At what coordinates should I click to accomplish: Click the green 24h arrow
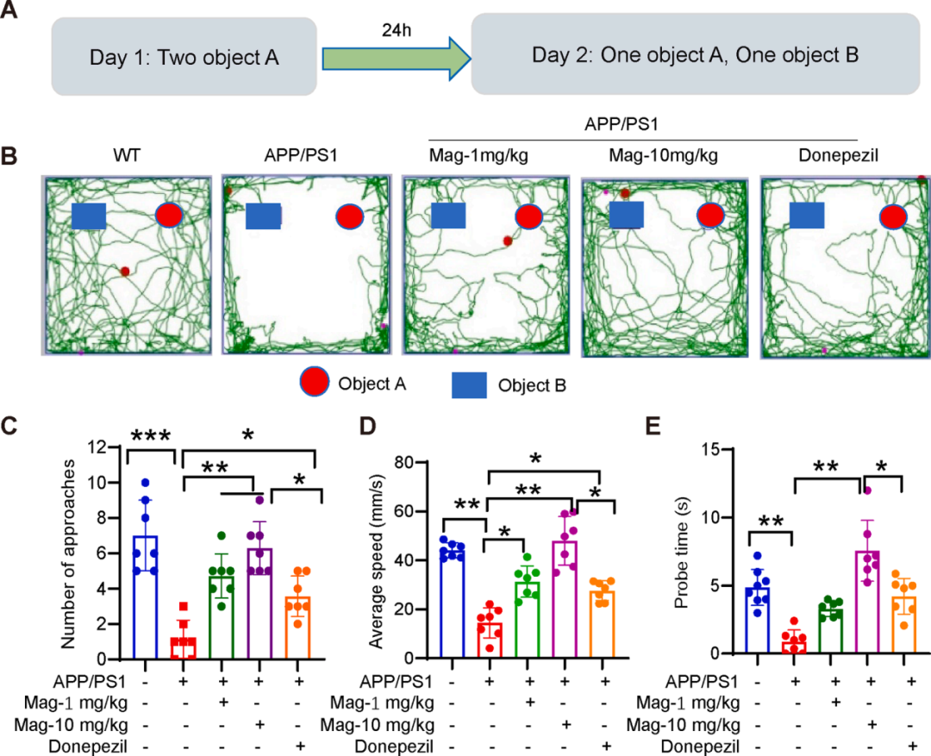click(396, 58)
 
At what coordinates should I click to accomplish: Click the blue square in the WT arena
click(89, 216)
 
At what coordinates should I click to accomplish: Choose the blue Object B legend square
click(470, 384)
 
